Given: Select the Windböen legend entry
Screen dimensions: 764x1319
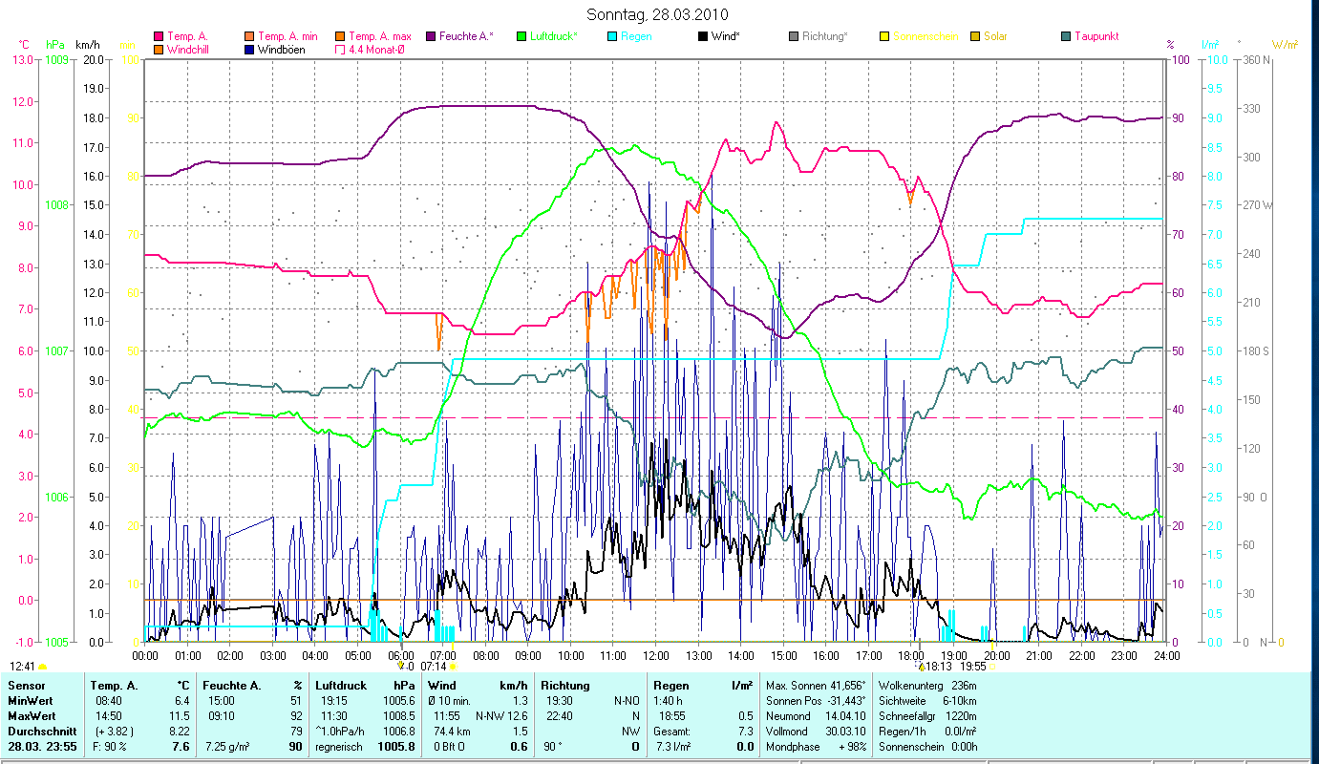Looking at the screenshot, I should point(281,50).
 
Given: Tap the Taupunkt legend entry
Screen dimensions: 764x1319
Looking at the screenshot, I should point(1096,36).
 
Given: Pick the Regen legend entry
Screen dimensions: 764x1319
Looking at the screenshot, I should point(635,36).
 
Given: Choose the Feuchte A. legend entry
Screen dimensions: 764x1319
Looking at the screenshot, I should point(465,36).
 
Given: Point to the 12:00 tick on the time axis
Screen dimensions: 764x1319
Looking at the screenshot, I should point(656,656).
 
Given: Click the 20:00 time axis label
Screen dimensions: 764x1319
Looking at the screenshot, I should point(996,656).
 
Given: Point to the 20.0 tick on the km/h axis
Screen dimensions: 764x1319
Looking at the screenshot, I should point(94,59).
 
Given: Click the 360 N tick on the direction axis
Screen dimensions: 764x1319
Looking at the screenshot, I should point(1253,59).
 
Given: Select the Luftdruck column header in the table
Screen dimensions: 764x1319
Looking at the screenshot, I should point(339,686).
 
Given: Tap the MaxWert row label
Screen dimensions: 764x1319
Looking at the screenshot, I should point(30,715).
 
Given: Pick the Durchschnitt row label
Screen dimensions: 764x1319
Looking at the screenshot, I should point(37,731).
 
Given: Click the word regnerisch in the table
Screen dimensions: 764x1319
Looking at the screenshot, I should point(338,746).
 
